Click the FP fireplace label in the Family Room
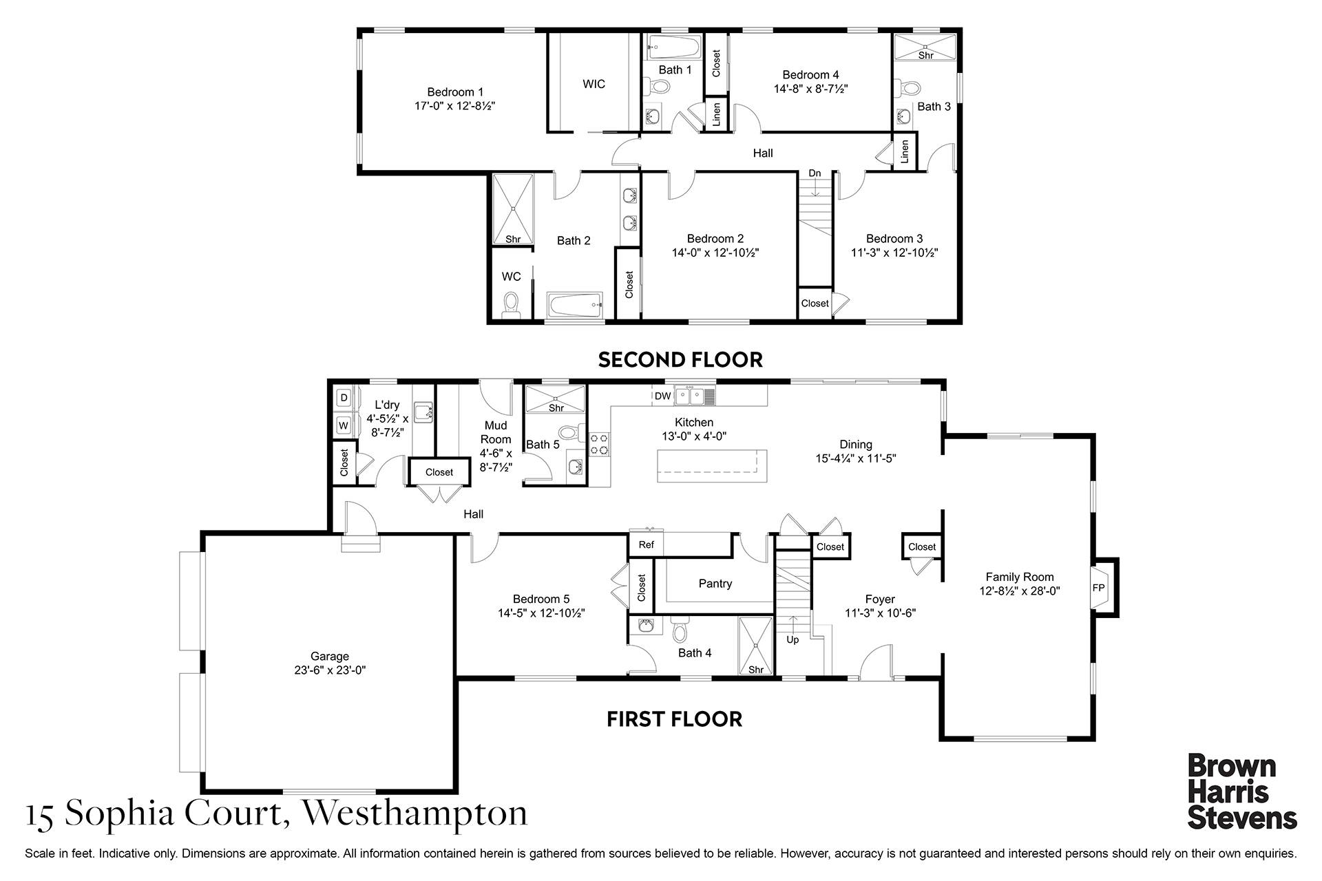coord(1098,588)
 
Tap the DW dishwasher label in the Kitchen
coord(662,396)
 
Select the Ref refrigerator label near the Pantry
coord(646,544)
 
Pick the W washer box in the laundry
coord(344,425)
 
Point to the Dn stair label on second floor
coord(815,173)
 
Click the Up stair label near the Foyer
coord(793,639)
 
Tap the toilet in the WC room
coord(511,306)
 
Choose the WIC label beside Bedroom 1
coord(594,84)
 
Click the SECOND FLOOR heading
coord(680,359)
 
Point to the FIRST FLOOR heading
coord(674,719)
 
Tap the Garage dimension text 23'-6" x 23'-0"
coord(330,670)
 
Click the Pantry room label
coord(715,583)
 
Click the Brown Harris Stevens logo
coord(1242,792)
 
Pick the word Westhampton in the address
coord(415,813)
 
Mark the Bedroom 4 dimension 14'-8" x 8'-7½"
coord(810,89)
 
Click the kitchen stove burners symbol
coord(598,444)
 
